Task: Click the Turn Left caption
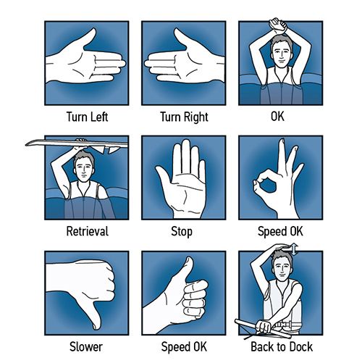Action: [x=87, y=117]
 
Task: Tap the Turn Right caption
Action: [x=184, y=117]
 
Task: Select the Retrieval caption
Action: [x=87, y=231]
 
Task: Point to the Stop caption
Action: [x=182, y=231]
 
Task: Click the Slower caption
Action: [x=86, y=347]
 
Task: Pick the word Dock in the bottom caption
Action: [x=301, y=347]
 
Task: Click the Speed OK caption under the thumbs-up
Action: [x=184, y=347]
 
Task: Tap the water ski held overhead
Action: [x=77, y=144]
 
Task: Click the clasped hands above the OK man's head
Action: [x=278, y=25]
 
